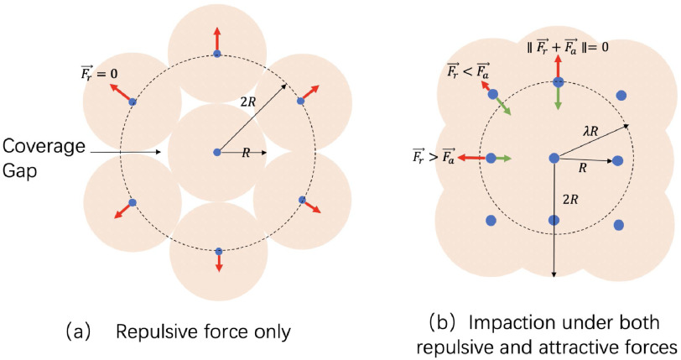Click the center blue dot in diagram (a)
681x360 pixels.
coord(217,152)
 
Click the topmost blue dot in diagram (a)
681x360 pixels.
coord(217,54)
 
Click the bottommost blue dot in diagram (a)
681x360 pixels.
coord(218,250)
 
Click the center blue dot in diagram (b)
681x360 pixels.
coord(554,158)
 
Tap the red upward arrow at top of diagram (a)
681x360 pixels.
coord(217,39)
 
